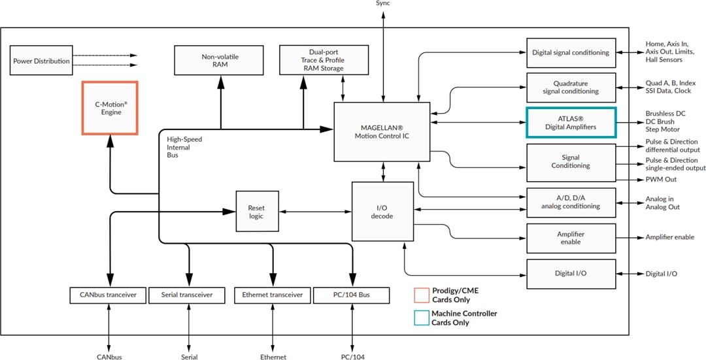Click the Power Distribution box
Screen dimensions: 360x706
pos(41,61)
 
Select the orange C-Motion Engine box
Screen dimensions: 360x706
pos(109,108)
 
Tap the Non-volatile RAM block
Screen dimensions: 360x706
pos(220,60)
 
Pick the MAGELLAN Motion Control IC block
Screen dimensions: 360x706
pos(382,131)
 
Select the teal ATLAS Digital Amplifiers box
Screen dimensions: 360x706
pos(571,122)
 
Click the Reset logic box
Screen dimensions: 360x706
pos(256,211)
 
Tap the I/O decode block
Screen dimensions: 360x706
pos(382,211)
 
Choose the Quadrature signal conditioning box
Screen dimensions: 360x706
pos(571,88)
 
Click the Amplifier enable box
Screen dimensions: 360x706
pos(571,238)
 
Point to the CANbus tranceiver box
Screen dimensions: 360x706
pos(108,295)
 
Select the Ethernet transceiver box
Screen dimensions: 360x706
pos(272,295)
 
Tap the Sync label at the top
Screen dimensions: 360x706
pos(383,4)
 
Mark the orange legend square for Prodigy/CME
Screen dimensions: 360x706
pos(422,295)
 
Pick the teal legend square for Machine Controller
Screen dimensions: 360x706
pos(422,318)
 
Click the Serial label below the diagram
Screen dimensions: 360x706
pos(189,357)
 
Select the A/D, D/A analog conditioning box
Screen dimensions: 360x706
pos(571,202)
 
